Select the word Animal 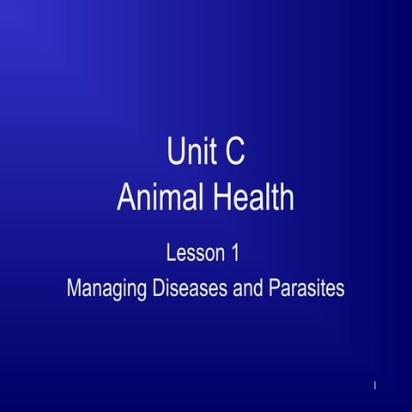pos(154,198)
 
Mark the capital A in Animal pos(126,198)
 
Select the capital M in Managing pos(74,288)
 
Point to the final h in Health pos(286,198)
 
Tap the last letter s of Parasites pos(341,288)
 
